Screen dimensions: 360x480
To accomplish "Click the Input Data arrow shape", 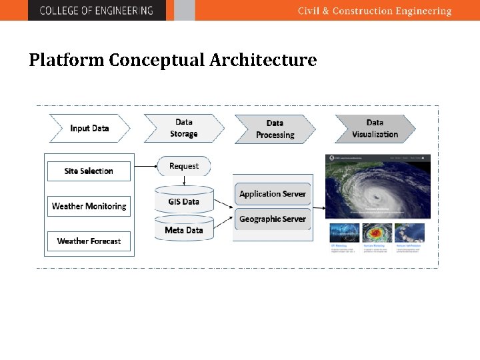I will coord(89,128).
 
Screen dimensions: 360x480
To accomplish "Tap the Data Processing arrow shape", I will coord(275,129).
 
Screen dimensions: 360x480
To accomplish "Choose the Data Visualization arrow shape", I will coord(375,129).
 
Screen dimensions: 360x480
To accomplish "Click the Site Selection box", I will coord(89,171).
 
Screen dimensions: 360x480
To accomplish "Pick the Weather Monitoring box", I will coord(89,206).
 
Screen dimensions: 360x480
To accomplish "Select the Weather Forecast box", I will coord(89,241).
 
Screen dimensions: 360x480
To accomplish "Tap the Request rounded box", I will coord(184,166).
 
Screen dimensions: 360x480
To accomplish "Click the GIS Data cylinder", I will coord(184,201).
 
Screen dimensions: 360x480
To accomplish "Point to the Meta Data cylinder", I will coord(184,230).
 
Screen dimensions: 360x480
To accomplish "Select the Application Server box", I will coord(272,194).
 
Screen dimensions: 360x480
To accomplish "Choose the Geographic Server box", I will coord(272,219).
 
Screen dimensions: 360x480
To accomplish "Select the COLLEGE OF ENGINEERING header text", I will coord(96,11).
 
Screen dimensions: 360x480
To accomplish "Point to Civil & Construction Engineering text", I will coord(374,11).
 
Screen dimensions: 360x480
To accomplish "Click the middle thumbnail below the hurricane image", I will coord(377,233).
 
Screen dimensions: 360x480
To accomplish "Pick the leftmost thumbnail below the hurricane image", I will coord(344,233).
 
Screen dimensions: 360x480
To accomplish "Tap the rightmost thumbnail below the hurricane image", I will coord(409,233).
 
